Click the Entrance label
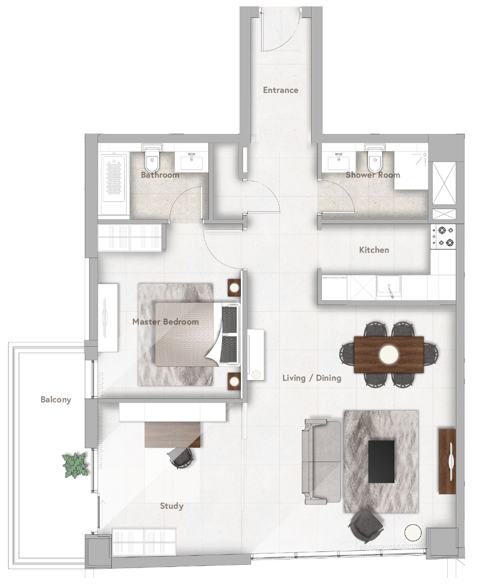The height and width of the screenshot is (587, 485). click(280, 90)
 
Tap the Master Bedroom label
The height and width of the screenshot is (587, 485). click(165, 322)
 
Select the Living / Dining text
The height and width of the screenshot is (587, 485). click(312, 378)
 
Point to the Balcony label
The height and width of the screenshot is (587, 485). click(56, 400)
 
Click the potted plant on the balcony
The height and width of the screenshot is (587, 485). click(76, 465)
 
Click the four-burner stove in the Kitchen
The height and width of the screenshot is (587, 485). click(443, 236)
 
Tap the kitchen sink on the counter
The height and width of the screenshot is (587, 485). click(388, 284)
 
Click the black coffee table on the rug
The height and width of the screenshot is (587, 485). click(381, 461)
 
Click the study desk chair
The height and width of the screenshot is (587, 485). click(181, 458)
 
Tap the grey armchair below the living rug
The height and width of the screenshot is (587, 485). click(366, 525)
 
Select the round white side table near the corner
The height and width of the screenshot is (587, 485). click(412, 533)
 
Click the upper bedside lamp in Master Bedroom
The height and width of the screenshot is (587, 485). click(234, 288)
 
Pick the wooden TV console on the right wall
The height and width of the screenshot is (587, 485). click(448, 461)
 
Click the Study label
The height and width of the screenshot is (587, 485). click(172, 507)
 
